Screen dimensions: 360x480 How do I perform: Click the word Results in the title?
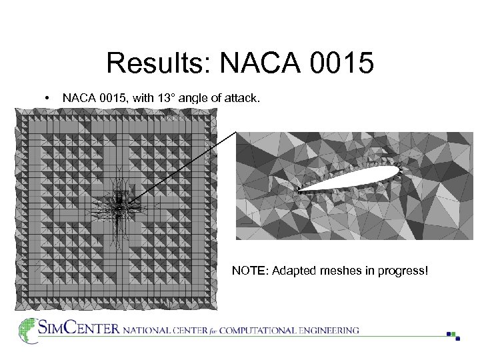(158, 64)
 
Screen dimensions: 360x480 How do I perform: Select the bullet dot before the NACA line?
(45, 99)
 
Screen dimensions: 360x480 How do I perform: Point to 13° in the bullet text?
(165, 99)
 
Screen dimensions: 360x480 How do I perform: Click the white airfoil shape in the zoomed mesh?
(360, 177)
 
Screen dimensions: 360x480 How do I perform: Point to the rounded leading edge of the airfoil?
(397, 170)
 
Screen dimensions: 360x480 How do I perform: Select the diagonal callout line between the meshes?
(180, 167)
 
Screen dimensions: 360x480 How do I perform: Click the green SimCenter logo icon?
(27, 329)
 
